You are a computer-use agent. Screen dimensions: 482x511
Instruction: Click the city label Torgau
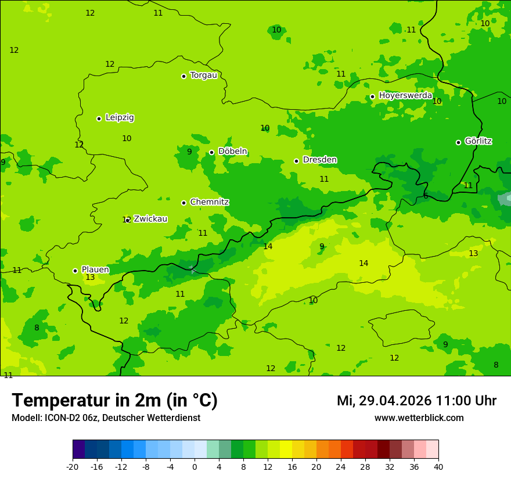pyautogui.click(x=203, y=75)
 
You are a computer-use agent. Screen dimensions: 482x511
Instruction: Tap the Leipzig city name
pyautogui.click(x=120, y=118)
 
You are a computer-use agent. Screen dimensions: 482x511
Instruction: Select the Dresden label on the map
pyautogui.click(x=319, y=160)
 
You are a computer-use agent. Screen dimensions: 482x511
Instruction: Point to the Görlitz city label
pyautogui.click(x=478, y=141)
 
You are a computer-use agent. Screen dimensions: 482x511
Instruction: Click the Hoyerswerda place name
pyautogui.click(x=405, y=96)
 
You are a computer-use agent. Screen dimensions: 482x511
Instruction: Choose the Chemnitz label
pyautogui.click(x=209, y=202)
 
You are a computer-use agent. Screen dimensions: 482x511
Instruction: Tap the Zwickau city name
pyautogui.click(x=150, y=219)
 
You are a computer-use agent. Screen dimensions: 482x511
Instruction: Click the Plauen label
pyautogui.click(x=95, y=270)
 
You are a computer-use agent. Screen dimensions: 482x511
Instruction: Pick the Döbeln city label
pyautogui.click(x=232, y=152)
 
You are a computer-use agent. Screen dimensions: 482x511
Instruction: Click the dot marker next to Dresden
pyautogui.click(x=296, y=161)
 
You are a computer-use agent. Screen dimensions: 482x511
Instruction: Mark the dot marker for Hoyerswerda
pyautogui.click(x=372, y=97)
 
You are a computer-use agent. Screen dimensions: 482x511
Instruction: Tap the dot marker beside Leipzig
pyautogui.click(x=99, y=118)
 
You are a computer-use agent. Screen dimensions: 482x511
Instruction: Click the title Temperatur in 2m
pyautogui.click(x=114, y=401)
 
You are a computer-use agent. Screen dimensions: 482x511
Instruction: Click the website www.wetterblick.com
pyautogui.click(x=419, y=418)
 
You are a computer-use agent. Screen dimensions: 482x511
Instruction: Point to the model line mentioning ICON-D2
pyautogui.click(x=106, y=418)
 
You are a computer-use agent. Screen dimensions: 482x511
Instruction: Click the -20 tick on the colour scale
pyautogui.click(x=73, y=466)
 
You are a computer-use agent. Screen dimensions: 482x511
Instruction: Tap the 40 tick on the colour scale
pyautogui.click(x=438, y=466)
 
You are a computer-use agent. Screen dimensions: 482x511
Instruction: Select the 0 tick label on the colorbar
pyautogui.click(x=195, y=466)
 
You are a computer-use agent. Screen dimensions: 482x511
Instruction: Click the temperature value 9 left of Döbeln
pyautogui.click(x=189, y=152)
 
